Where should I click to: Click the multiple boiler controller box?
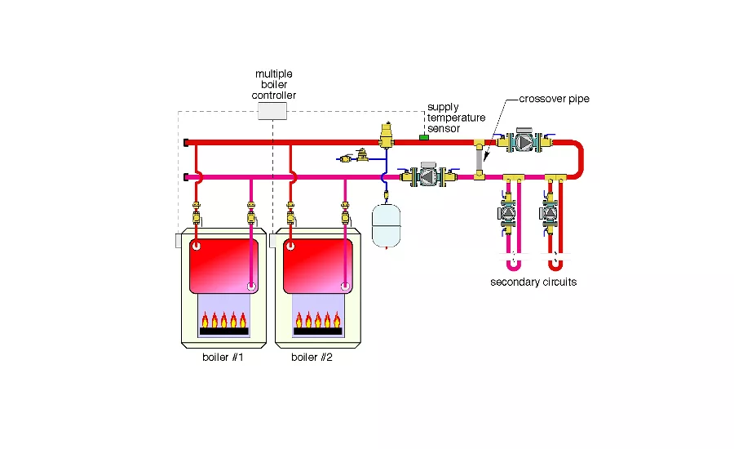tap(272, 111)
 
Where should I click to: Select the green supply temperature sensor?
tap(424, 137)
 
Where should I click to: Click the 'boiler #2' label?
tap(312, 358)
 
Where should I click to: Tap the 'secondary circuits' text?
tap(534, 282)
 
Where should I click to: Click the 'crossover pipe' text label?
tap(555, 100)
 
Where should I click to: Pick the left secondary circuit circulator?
tap(507, 214)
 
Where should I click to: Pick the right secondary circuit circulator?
tap(548, 214)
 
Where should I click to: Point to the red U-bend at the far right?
tap(580, 159)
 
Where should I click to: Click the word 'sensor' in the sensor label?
tap(444, 128)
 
